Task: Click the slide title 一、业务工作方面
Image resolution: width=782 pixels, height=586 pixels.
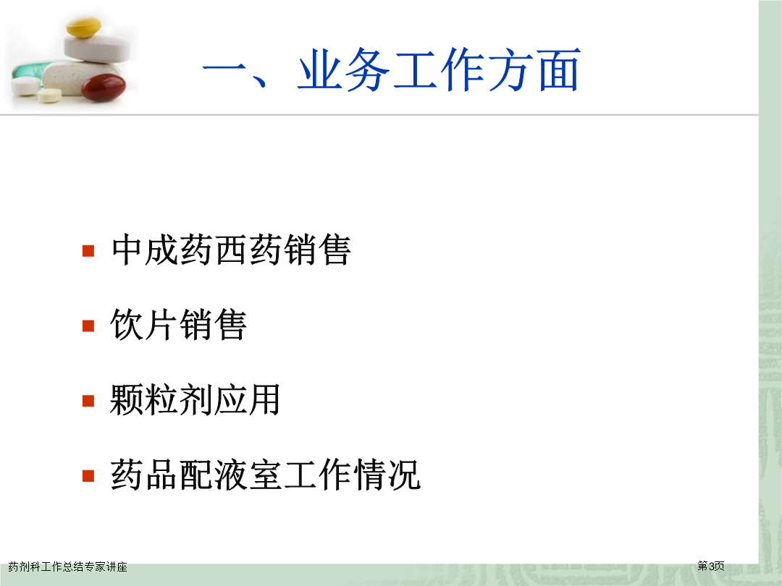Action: pyautogui.click(x=392, y=69)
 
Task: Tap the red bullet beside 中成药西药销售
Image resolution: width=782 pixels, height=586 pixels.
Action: pyautogui.click(x=88, y=250)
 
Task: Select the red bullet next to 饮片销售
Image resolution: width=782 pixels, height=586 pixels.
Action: pyautogui.click(x=88, y=326)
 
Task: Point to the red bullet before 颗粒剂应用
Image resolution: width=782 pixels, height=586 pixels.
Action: pyautogui.click(x=88, y=401)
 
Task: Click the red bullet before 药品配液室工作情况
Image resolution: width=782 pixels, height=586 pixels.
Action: pyautogui.click(x=88, y=476)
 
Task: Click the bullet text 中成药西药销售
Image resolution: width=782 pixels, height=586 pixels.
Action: pyautogui.click(x=231, y=250)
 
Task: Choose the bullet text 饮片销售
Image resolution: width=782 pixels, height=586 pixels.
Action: pyautogui.click(x=179, y=324)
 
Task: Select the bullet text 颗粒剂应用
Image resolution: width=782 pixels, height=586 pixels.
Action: pyautogui.click(x=195, y=399)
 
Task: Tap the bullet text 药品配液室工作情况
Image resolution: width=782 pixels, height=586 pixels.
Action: pyautogui.click(x=265, y=475)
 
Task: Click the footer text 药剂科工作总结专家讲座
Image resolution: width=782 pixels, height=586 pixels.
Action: pyautogui.click(x=68, y=566)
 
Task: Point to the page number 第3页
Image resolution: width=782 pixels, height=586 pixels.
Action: pyautogui.click(x=711, y=566)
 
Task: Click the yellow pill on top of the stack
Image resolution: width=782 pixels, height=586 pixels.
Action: pyautogui.click(x=83, y=27)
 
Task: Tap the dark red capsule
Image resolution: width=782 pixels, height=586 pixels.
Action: pyautogui.click(x=104, y=88)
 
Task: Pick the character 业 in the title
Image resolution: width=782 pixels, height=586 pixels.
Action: pyautogui.click(x=320, y=69)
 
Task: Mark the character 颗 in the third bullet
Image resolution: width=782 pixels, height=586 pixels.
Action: pyautogui.click(x=126, y=399)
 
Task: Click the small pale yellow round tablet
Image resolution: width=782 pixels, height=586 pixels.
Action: pyautogui.click(x=49, y=95)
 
